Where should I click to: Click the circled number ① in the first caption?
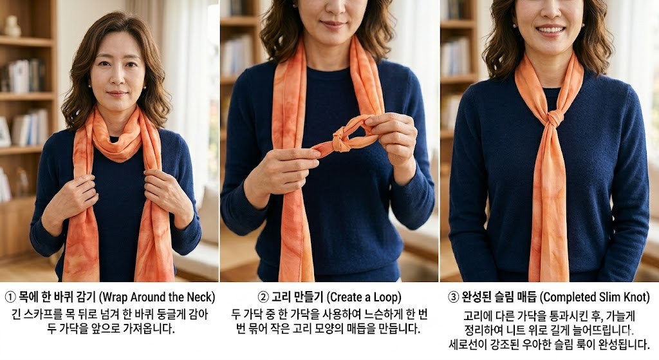coord(10,298)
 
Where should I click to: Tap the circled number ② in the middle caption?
coord(263,298)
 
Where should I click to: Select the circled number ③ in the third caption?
coord(454,298)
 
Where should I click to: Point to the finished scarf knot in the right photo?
coord(555,118)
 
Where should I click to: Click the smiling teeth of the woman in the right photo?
coord(551,30)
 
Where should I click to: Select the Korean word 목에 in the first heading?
coord(28,298)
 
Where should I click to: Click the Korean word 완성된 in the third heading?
coord(477,298)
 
